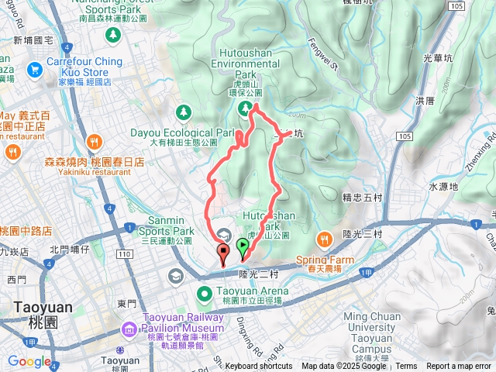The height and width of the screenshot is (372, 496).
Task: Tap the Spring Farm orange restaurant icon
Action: [324, 236]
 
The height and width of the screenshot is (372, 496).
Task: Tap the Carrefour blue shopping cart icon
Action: [33, 70]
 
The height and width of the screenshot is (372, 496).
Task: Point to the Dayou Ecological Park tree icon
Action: [184, 113]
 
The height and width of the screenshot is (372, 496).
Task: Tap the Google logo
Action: [29, 361]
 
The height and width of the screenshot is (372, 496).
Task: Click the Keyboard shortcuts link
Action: [259, 367]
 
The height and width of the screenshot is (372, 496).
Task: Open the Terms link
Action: [406, 367]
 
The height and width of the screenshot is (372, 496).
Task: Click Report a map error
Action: [459, 367]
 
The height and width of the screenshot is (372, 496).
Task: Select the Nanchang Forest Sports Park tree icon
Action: [113, 34]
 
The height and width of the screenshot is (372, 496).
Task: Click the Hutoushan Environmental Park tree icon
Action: [244, 107]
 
